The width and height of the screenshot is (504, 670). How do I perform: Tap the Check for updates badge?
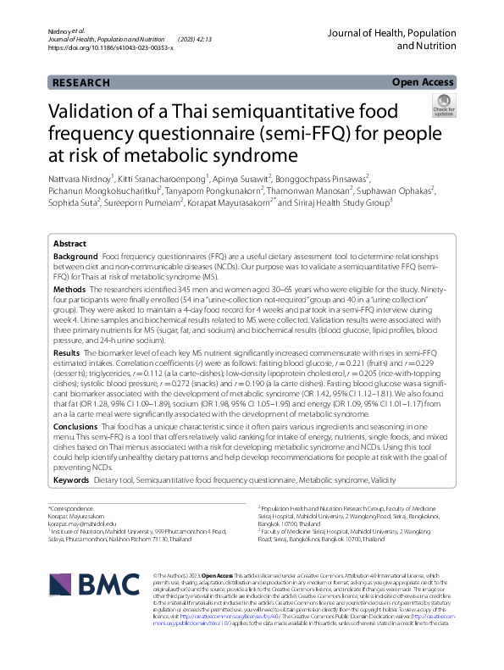tap(443, 106)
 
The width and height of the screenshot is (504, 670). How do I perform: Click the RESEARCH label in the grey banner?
tap(80, 83)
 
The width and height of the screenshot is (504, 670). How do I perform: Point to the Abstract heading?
tap(69, 242)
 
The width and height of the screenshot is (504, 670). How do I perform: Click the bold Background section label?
tap(75, 256)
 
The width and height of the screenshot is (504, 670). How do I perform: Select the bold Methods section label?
tap(69, 289)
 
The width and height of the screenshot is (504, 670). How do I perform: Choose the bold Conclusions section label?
tap(76, 428)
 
